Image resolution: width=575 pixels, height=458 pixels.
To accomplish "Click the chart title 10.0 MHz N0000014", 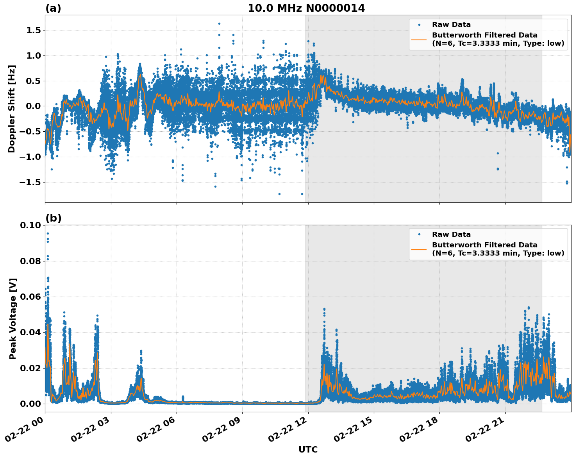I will pyautogui.click(x=306, y=8).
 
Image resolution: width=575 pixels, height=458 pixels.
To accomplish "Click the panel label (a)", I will pyautogui.click(x=53, y=8).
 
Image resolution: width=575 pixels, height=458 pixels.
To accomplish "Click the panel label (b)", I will pyautogui.click(x=53, y=218).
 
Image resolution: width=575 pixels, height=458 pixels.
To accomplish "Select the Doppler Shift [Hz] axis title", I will pyautogui.click(x=12, y=109).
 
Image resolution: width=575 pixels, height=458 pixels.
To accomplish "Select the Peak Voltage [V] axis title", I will pyautogui.click(x=12, y=318).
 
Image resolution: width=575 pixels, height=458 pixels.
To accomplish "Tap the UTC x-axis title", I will pyautogui.click(x=308, y=450).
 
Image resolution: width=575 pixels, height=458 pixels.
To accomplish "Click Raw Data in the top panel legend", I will pyautogui.click(x=451, y=25).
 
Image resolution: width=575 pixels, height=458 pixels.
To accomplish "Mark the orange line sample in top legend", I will pyautogui.click(x=419, y=39).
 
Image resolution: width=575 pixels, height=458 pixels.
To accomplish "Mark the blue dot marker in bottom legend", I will pyautogui.click(x=419, y=234).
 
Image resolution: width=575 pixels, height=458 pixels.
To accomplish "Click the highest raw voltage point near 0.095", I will pyautogui.click(x=48, y=234).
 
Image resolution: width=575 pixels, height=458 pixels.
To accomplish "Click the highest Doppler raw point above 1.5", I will pyautogui.click(x=219, y=24).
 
